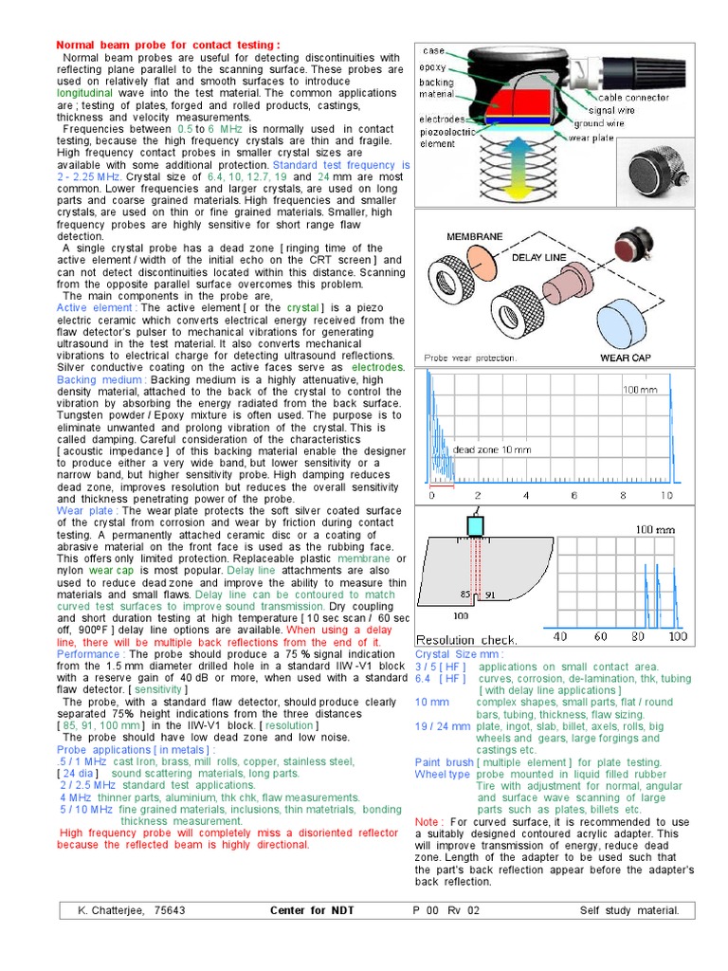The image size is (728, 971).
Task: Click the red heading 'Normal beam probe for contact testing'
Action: point(168,45)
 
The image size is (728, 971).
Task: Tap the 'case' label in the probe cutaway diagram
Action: point(433,50)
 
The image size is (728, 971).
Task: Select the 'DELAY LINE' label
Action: point(538,257)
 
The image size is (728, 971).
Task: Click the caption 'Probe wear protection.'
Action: point(470,358)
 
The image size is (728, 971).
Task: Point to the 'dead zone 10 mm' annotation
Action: point(492,449)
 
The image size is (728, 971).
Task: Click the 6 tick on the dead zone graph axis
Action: point(574,496)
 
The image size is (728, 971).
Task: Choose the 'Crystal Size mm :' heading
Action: point(460,654)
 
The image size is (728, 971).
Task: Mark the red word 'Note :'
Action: point(429,822)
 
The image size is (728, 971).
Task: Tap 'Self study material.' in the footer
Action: point(629,911)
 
